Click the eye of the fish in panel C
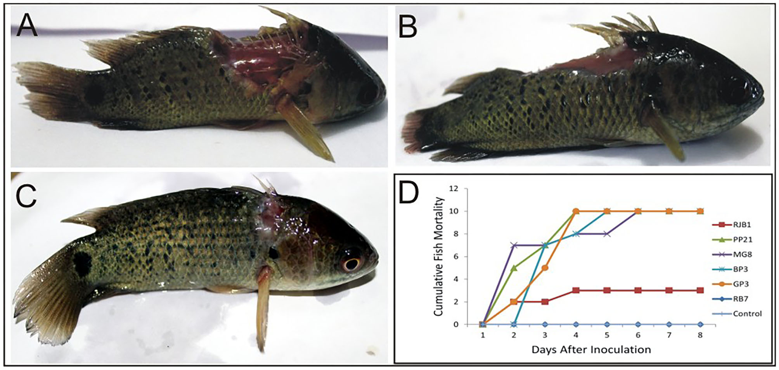[351, 264]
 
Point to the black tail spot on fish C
[82, 264]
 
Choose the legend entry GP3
[741, 284]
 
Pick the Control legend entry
[747, 314]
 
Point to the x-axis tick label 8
[700, 335]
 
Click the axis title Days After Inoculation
[591, 350]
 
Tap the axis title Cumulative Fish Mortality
[439, 256]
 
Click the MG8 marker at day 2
[513, 245]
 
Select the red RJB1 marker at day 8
[700, 290]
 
